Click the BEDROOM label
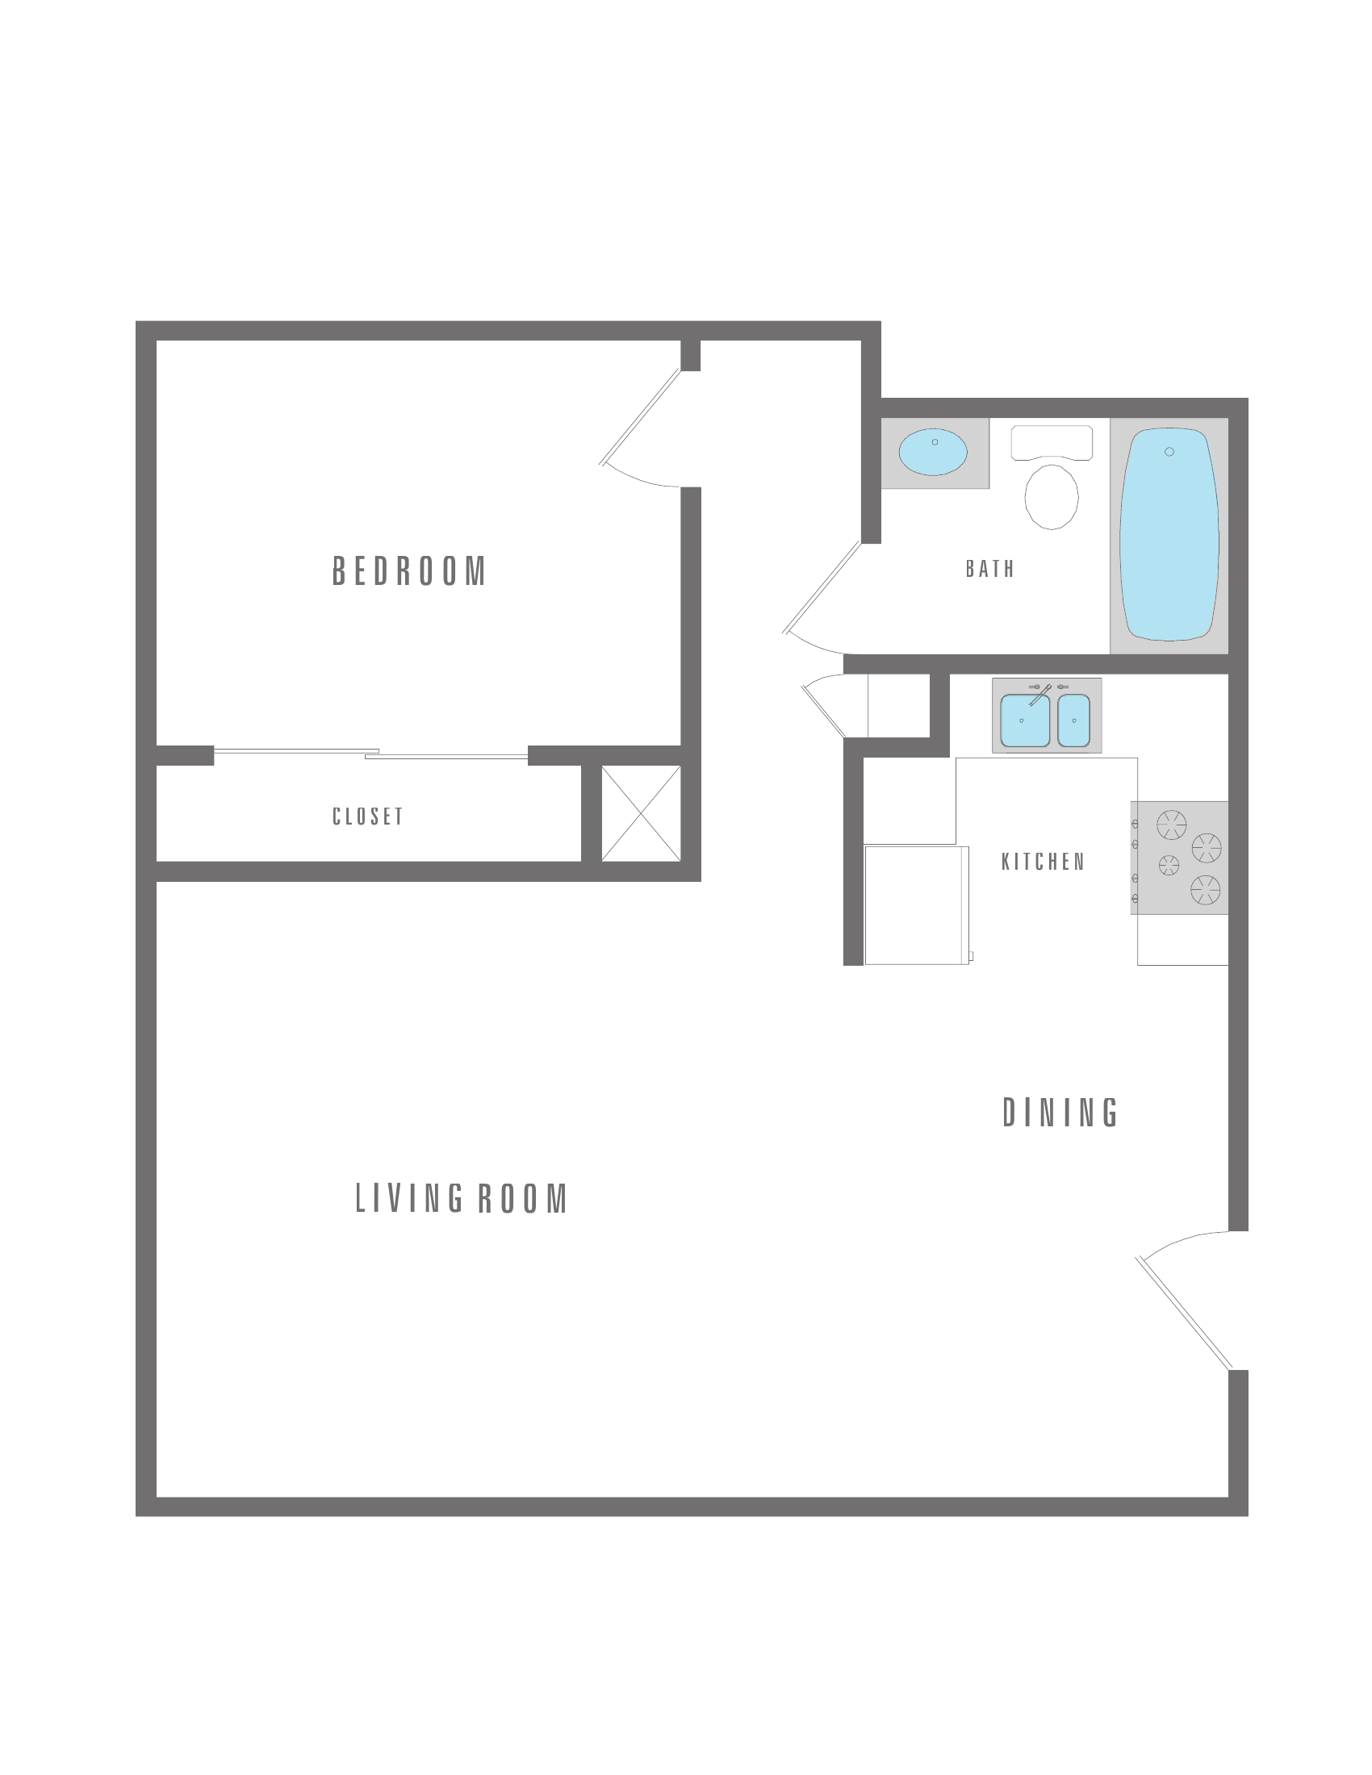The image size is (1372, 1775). coord(409,570)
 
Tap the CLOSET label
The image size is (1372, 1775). coord(368,816)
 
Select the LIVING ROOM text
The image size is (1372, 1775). coord(462,1199)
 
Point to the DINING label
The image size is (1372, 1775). coord(1060,1113)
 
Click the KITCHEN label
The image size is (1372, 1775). coord(1043,862)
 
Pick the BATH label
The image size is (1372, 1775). coord(990,569)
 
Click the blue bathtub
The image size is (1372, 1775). coord(1169,534)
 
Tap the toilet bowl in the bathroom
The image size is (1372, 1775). coord(1052,496)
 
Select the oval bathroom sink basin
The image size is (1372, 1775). coord(933,452)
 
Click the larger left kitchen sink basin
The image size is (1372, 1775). coord(1025,720)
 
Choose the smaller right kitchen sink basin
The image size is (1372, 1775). coord(1073,720)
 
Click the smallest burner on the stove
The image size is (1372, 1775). coord(1169,866)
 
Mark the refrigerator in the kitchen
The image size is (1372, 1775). coord(917,905)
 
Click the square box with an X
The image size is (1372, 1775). coord(641,812)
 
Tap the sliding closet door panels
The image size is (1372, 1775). coord(370,754)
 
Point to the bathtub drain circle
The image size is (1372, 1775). coord(1169,452)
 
